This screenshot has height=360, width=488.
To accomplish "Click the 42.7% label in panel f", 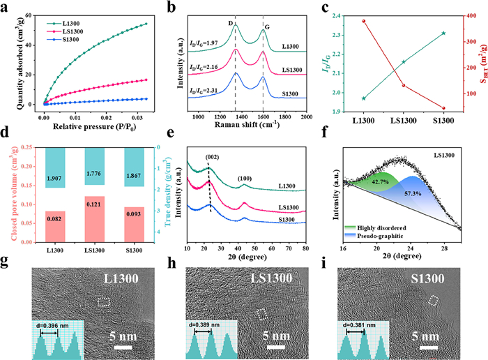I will pos(379,181).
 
